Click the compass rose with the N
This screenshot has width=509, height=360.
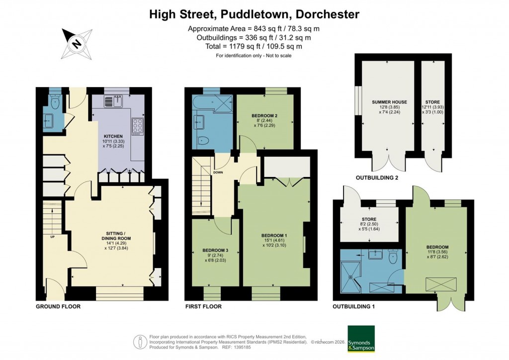pos(77,43)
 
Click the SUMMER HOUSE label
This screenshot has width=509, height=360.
pos(389,102)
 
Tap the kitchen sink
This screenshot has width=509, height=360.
pos(111,102)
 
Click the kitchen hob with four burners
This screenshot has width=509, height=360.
pos(137,126)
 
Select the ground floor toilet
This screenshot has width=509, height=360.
pos(55,102)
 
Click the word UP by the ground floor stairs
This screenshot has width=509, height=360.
pos(53,236)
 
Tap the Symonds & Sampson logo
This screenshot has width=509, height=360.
pos(361,339)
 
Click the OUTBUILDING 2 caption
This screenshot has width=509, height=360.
pos(376,178)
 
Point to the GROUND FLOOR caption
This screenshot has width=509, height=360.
pos(58,307)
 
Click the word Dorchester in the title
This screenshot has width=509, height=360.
pos(325,14)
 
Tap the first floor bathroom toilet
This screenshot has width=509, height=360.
pos(203,139)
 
